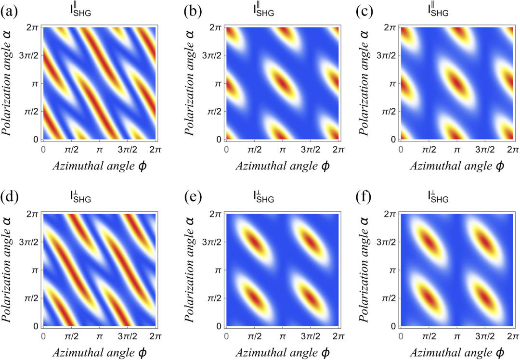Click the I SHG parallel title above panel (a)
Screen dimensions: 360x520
pyautogui.click(x=79, y=9)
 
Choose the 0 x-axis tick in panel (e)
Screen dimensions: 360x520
pyautogui.click(x=226, y=337)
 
